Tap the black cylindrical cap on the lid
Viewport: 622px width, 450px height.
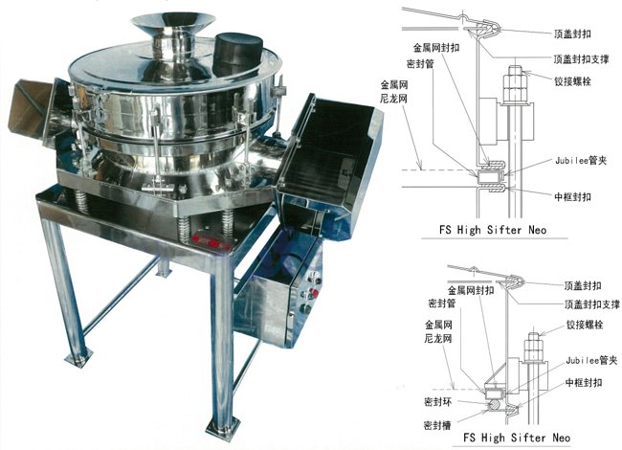238,54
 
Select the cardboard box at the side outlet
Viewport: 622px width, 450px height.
29,106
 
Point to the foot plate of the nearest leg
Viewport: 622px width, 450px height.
223,429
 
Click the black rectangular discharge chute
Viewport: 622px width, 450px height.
329,163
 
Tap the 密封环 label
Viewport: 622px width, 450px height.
437,402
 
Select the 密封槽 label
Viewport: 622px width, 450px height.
437,425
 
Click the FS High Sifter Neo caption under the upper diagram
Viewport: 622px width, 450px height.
493,230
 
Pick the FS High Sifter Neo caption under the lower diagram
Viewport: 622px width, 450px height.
517,438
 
